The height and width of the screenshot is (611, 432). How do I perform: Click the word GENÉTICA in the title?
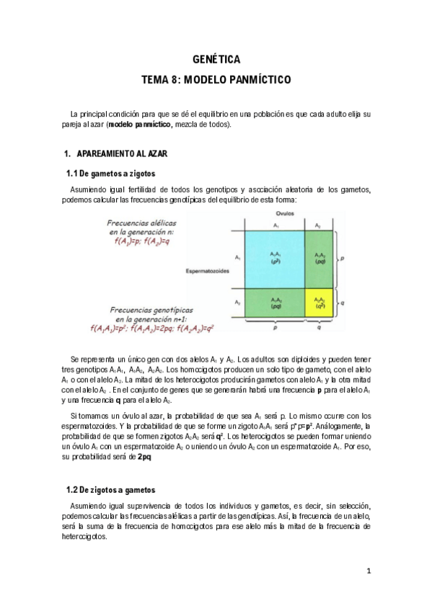pyautogui.click(x=216, y=61)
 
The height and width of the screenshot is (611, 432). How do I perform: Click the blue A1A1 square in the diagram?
pyautogui.click(x=275, y=258)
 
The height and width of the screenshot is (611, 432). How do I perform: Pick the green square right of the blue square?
pyautogui.click(x=319, y=258)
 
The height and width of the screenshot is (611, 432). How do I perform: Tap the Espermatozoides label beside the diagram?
pyautogui.click(x=207, y=272)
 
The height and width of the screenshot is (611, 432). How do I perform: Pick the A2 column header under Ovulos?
pyautogui.click(x=319, y=226)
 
